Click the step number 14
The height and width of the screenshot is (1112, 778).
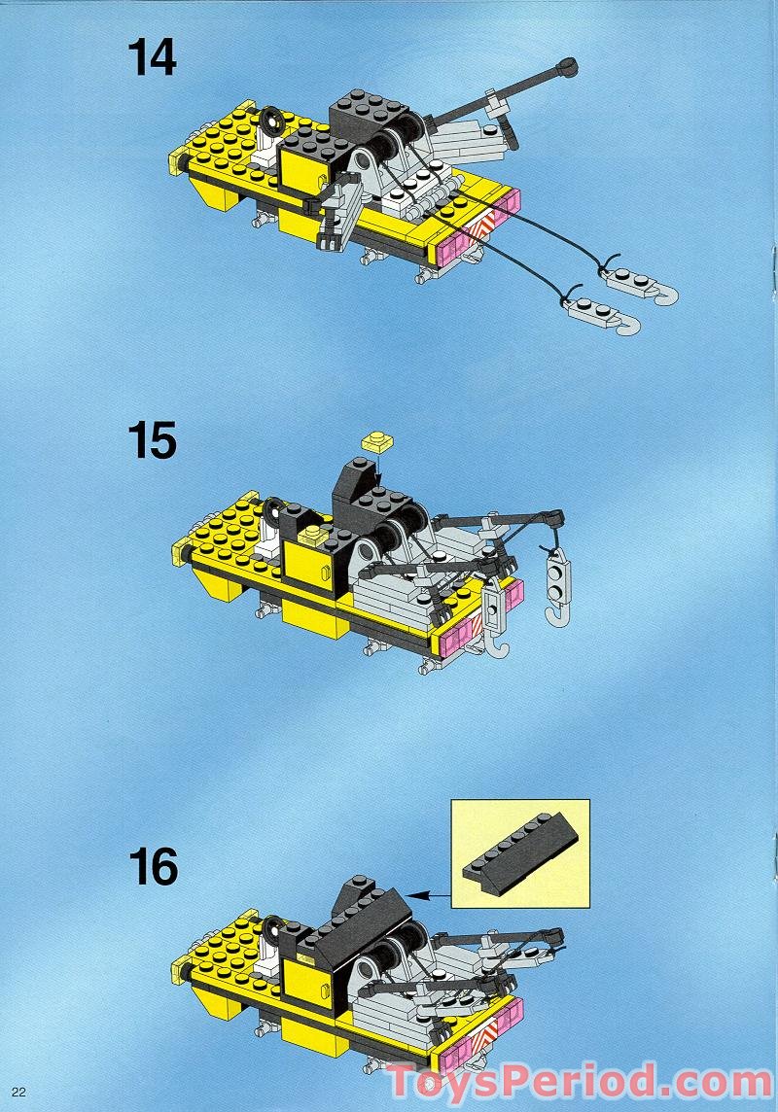[x=152, y=57]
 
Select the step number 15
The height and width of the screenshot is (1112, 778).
[x=152, y=442]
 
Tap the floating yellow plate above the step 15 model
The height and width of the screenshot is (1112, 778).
[x=375, y=441]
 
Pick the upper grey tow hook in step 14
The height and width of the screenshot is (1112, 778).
[x=642, y=286]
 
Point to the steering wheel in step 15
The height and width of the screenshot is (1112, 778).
[x=271, y=508]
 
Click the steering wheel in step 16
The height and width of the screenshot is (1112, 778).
[x=273, y=926]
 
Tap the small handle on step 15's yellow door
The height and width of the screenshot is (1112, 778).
[x=311, y=534]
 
